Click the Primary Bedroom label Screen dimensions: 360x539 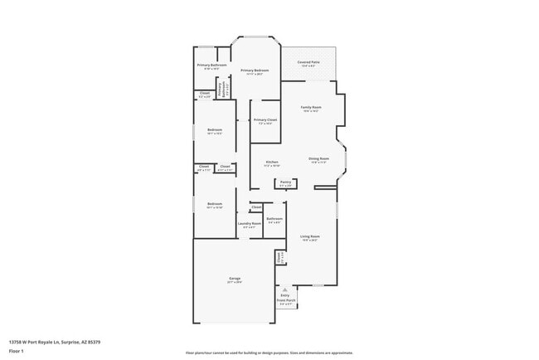[x=255, y=71]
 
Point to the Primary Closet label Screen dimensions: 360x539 [x=265, y=121]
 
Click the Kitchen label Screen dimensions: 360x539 [x=271, y=163]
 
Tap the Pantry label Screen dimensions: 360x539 [x=285, y=182]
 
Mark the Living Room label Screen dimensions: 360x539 [x=310, y=237]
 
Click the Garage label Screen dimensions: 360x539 [x=235, y=280]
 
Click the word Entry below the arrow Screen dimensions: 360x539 [x=285, y=295]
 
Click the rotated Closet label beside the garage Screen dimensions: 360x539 [x=279, y=259]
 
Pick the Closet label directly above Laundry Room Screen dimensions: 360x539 [x=256, y=207]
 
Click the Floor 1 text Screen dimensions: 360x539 [x=16, y=351]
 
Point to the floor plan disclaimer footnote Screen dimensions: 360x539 [x=269, y=353]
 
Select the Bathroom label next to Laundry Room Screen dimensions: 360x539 [x=274, y=221]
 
